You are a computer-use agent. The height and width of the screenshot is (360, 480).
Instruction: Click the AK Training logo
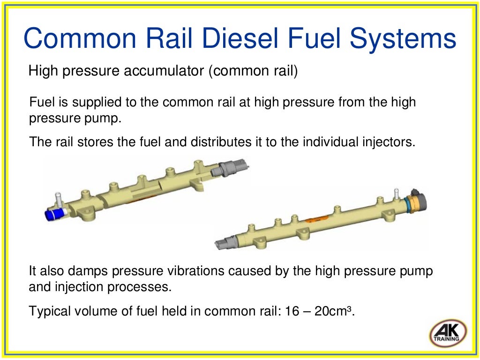448,333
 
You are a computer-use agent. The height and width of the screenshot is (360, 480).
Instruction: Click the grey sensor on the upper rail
229,168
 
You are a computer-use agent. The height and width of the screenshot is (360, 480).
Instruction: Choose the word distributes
221,142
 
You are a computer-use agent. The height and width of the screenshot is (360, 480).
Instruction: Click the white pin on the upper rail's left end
58,198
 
